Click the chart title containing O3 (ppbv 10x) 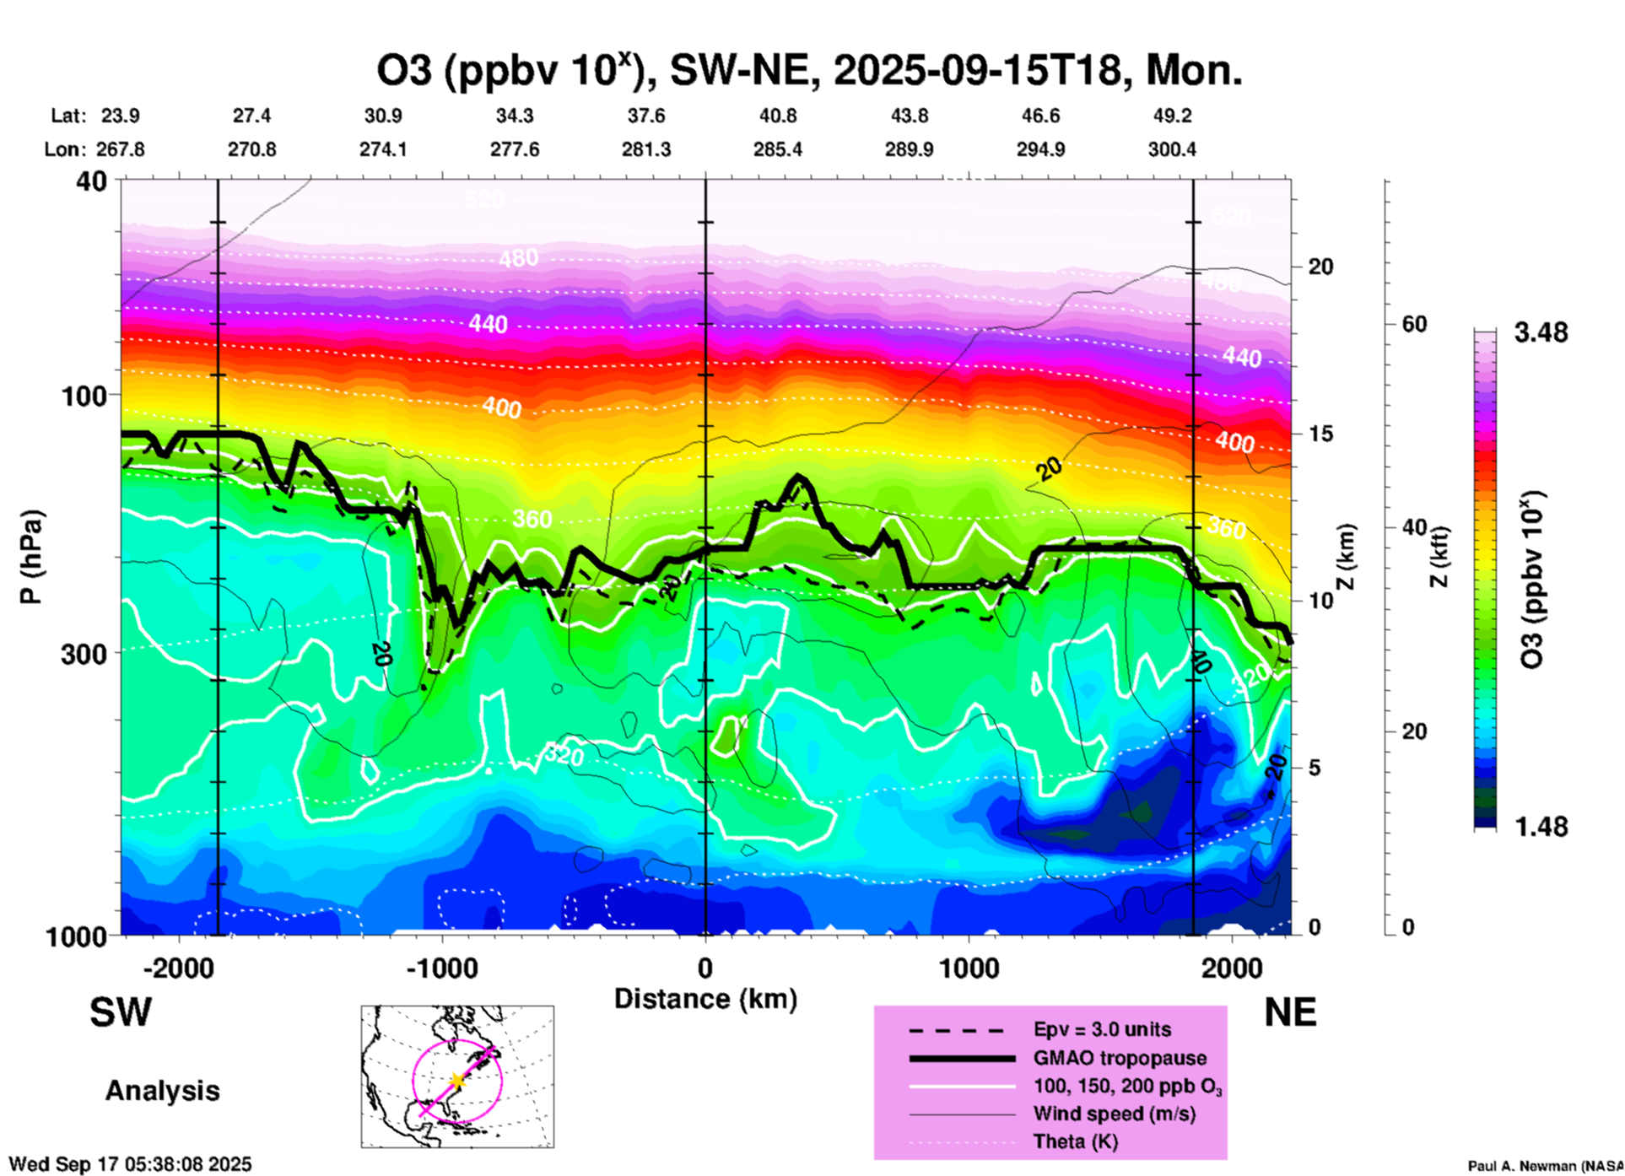[x=808, y=71]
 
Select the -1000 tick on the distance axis [x=442, y=968]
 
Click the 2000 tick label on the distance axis [x=1233, y=968]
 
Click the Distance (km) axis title [x=705, y=1000]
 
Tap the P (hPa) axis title [x=31, y=557]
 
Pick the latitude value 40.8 [x=777, y=116]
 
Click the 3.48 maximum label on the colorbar [x=1541, y=333]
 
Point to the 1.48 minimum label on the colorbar [x=1541, y=827]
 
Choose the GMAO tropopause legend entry [x=1120, y=1058]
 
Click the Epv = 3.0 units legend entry [x=1102, y=1029]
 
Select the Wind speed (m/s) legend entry [x=1114, y=1114]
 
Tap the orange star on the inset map [x=457, y=1080]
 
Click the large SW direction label [x=121, y=1013]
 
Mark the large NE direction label [x=1290, y=1013]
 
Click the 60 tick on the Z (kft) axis [x=1414, y=325]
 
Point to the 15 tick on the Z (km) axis [x=1320, y=434]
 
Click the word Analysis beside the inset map [x=162, y=1091]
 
